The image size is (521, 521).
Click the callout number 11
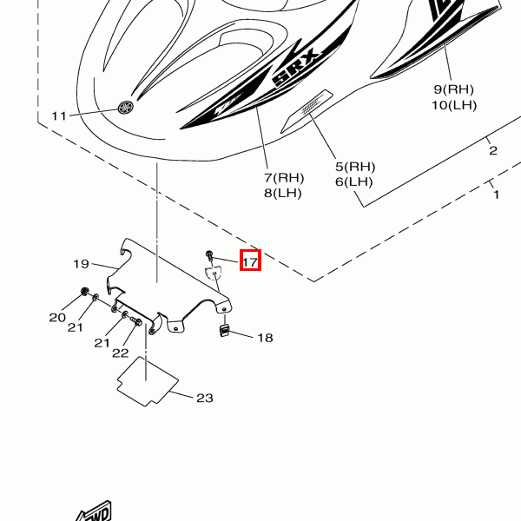click(x=59, y=115)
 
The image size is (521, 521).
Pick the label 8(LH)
click(x=283, y=193)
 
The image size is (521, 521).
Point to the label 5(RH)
click(x=355, y=167)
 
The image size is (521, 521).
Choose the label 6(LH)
click(x=354, y=181)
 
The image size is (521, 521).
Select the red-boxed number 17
click(x=250, y=260)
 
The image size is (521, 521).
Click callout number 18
click(x=265, y=337)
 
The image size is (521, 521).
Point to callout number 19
click(x=82, y=263)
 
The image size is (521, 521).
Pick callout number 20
click(x=57, y=317)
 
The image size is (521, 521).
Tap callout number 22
click(x=120, y=353)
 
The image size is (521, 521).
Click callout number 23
click(x=204, y=399)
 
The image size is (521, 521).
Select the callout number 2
click(x=493, y=150)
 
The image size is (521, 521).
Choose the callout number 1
click(x=497, y=195)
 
